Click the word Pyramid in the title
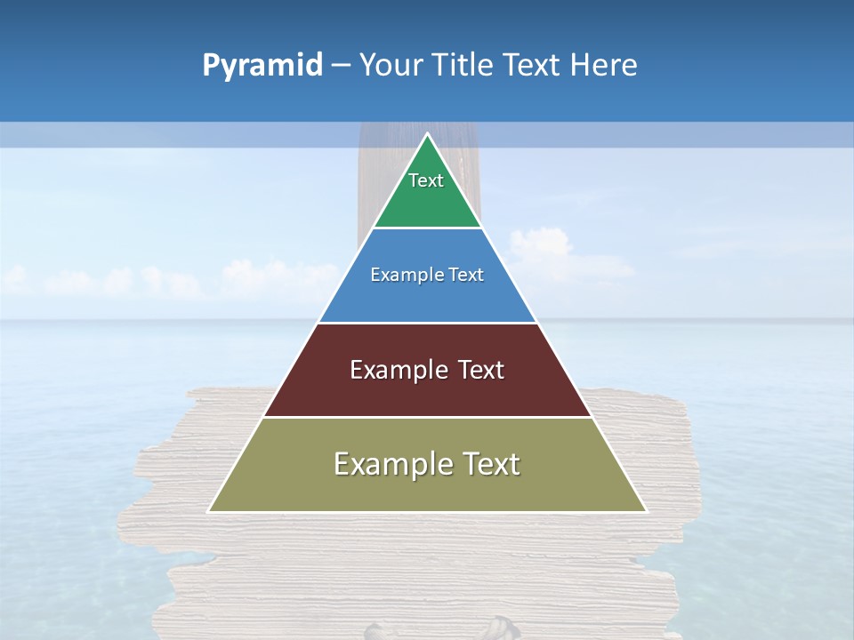click(x=262, y=66)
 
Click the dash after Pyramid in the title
click(x=340, y=66)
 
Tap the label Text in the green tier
click(x=426, y=180)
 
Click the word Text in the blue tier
click(x=467, y=275)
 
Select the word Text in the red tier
click(x=481, y=370)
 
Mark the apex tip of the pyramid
click(x=428, y=135)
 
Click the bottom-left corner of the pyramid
click(x=210, y=511)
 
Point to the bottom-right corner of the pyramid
click(x=645, y=511)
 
